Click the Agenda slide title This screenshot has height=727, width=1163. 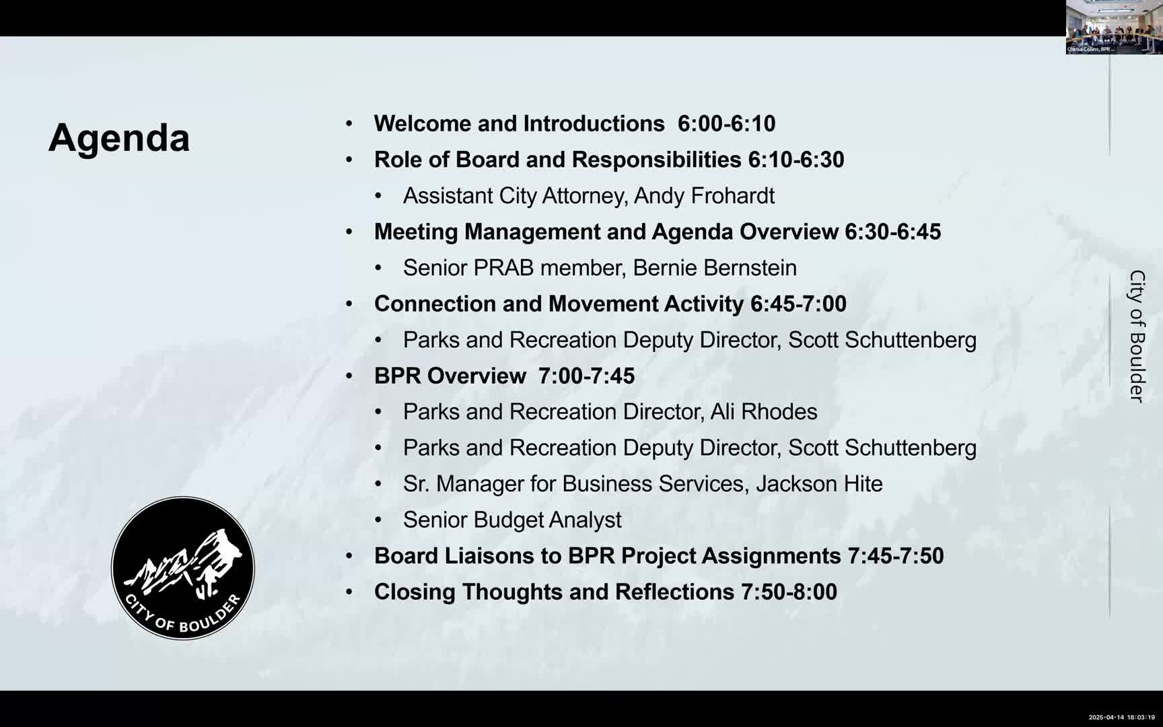pos(119,138)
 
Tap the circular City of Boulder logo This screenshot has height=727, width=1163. pos(183,568)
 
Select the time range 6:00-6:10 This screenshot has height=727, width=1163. pos(726,124)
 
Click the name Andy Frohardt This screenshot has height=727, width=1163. pos(704,196)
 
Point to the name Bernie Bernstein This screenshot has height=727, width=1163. pos(714,268)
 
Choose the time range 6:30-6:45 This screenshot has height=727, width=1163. pos(892,232)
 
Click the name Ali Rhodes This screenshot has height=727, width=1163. pos(764,412)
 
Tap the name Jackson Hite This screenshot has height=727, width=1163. pos(819,484)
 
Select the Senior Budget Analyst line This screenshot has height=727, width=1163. pos(512,520)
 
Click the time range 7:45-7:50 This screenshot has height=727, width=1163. pos(895,556)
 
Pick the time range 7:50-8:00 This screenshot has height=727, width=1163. pos(789,592)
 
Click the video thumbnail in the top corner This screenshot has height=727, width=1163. pos(1114,27)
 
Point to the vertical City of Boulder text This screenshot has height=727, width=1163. pos(1137,337)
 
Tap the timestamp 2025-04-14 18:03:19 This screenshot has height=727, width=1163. pos(1121,718)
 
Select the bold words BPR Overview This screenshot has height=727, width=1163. pos(450,376)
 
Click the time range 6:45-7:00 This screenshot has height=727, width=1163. pos(798,304)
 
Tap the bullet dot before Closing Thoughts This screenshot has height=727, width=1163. pos(349,592)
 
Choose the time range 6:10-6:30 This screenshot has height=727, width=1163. pos(796,160)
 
